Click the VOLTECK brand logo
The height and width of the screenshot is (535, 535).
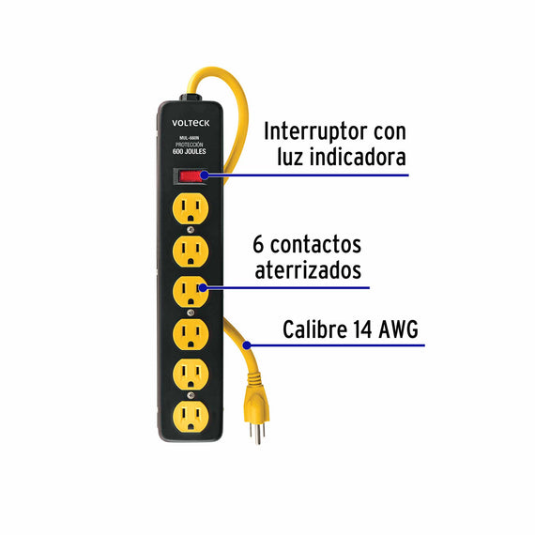[191, 123]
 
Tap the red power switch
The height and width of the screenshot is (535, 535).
[190, 176]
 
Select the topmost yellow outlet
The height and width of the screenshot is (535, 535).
[191, 208]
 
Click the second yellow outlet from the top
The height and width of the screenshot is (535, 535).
[191, 252]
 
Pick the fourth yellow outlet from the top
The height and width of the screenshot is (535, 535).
[191, 334]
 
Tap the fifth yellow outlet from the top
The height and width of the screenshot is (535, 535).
[191, 374]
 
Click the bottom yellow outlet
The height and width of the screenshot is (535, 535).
[191, 417]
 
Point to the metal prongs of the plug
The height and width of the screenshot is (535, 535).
[257, 433]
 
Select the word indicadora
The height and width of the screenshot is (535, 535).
[358, 157]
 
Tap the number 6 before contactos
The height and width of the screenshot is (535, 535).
[258, 244]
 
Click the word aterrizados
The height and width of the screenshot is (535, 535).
[308, 270]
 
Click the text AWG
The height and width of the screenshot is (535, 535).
[399, 329]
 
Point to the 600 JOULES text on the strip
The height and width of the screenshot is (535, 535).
[190, 151]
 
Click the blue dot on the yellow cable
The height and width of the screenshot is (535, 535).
[247, 345]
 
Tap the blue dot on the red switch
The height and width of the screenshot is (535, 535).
[205, 176]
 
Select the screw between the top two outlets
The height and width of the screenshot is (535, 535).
[191, 230]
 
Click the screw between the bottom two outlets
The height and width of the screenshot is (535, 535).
[191, 395]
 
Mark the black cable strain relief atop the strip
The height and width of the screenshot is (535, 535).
[191, 98]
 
